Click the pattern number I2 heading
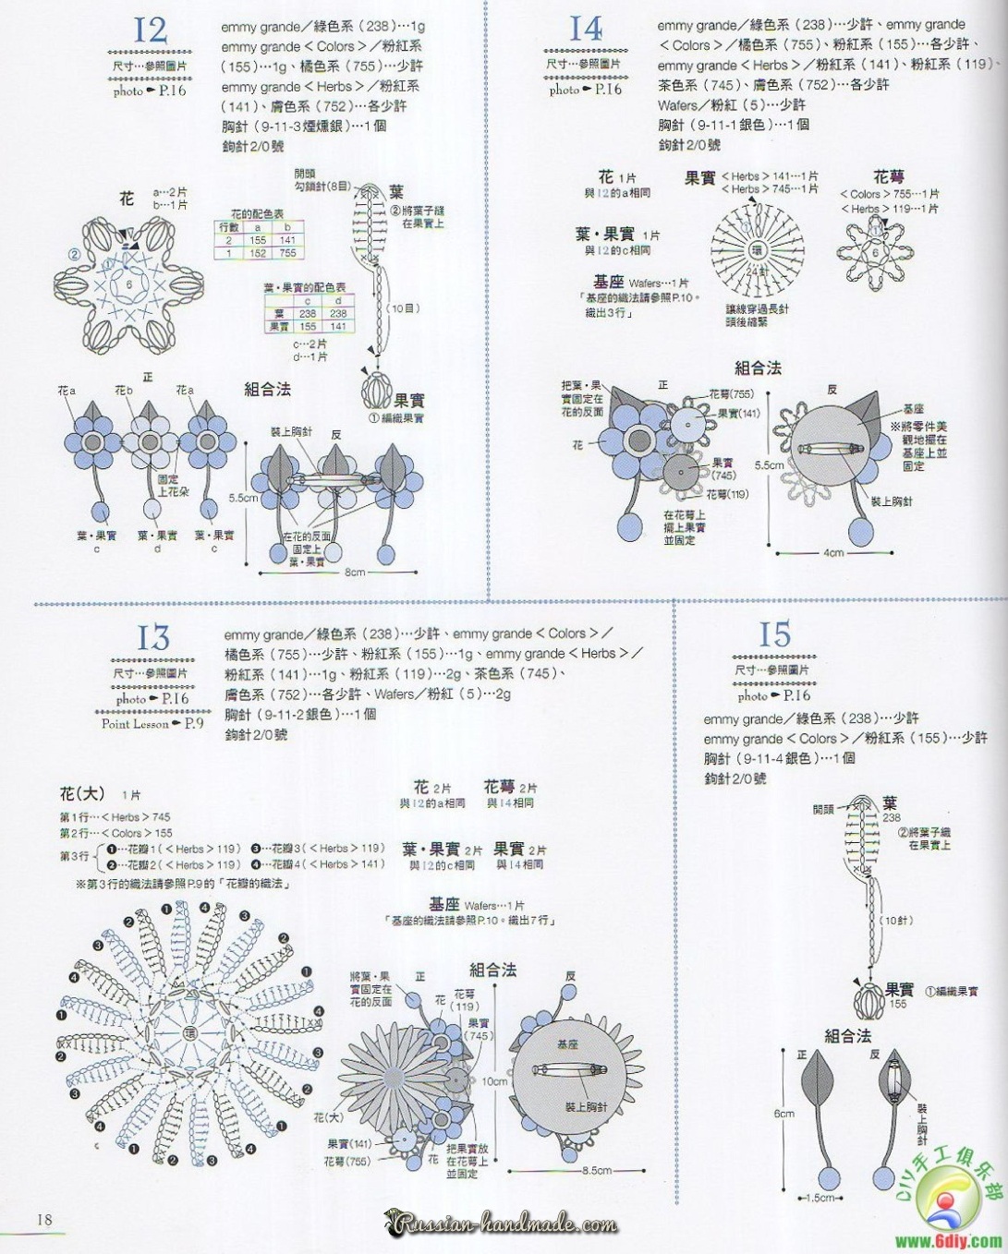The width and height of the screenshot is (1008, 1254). pos(150,30)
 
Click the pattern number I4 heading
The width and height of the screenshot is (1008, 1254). pos(585,29)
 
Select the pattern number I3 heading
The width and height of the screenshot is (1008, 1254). pos(153,638)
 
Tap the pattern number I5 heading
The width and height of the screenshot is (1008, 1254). pos(774,635)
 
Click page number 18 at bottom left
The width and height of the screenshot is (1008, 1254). pos(44,1219)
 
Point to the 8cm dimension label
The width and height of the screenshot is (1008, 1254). pos(355,573)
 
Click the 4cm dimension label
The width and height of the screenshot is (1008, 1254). pos(833,553)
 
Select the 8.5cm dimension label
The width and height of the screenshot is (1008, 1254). pos(597,1170)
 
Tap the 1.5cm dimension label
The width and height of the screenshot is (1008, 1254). pos(820,1198)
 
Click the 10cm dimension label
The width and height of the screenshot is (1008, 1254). pos(494,1081)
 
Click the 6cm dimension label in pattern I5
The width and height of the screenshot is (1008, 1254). pos(783,1114)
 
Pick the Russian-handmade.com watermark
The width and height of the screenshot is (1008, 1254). pos(504,1225)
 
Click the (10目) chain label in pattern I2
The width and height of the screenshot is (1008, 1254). pos(403,308)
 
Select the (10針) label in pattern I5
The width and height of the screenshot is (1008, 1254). pos(896,921)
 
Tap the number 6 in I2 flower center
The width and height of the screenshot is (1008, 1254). pos(129,285)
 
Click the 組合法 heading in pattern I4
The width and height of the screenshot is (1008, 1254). pos(758,368)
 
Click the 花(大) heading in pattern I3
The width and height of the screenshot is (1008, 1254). pos(82,794)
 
